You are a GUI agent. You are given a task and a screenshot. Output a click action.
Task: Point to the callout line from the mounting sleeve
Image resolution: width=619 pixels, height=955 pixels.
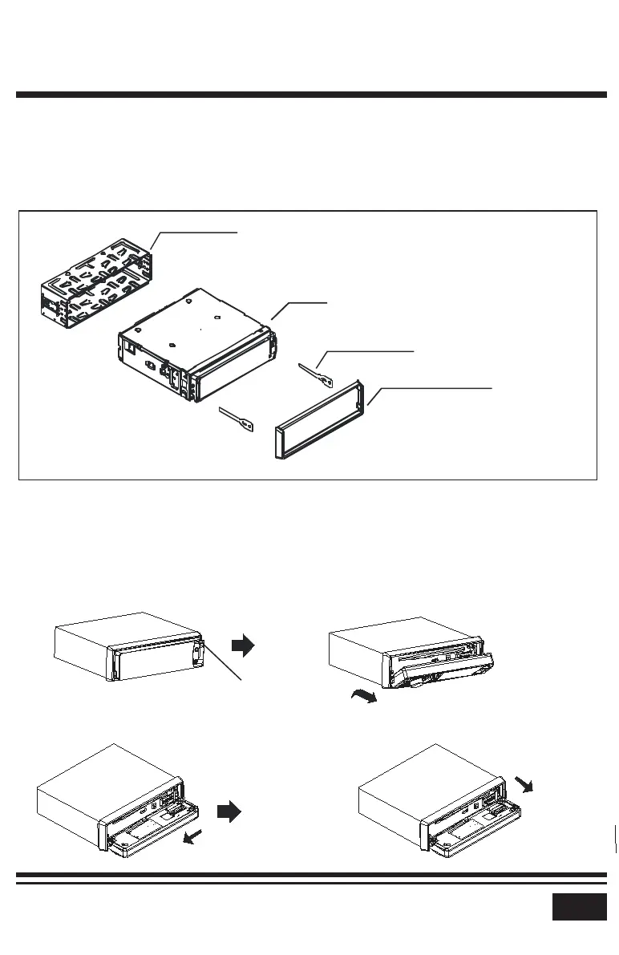click(196, 231)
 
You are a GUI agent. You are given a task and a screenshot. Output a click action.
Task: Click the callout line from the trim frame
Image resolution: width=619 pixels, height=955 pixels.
click(433, 387)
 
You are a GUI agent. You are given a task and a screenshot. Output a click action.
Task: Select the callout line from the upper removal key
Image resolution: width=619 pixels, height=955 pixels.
click(369, 351)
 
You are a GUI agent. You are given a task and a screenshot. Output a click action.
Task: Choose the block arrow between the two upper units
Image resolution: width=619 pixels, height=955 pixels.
click(241, 643)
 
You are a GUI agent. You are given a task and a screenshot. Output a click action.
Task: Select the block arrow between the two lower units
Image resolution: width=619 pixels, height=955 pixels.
click(229, 812)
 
